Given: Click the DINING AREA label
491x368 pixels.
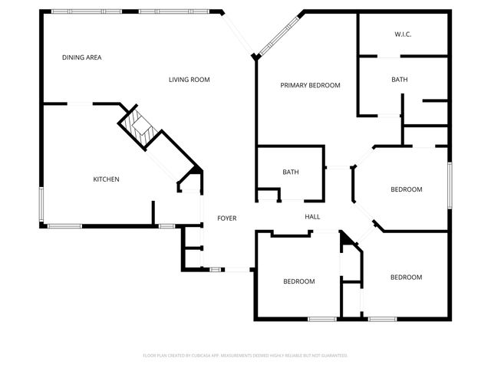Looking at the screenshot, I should tap(82, 58).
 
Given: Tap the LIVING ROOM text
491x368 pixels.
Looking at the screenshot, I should tap(189, 80).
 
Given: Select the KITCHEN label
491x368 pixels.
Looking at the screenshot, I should tap(106, 179).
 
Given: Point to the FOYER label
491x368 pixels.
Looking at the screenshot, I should tap(226, 219).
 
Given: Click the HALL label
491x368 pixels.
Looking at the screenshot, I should tap(312, 218).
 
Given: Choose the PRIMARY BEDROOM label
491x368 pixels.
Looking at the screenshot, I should tap(310, 85).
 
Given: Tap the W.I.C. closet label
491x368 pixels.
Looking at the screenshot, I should tap(404, 34).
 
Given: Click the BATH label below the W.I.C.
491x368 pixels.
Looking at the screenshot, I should tap(399, 80).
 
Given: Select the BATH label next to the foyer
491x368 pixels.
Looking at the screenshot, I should tap(290, 172).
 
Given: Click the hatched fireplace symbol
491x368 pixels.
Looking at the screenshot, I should tap(138, 127).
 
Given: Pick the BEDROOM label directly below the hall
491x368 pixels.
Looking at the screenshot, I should tap(299, 281).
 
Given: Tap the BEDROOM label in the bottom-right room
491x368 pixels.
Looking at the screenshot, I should tap(406, 278).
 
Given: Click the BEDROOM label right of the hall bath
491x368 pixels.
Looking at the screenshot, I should tap(407, 189).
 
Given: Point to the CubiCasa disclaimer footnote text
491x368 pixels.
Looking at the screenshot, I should tap(245, 356).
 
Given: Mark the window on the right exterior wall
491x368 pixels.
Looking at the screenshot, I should tap(450, 184).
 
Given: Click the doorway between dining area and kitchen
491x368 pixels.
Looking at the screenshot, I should tap(81, 103).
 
